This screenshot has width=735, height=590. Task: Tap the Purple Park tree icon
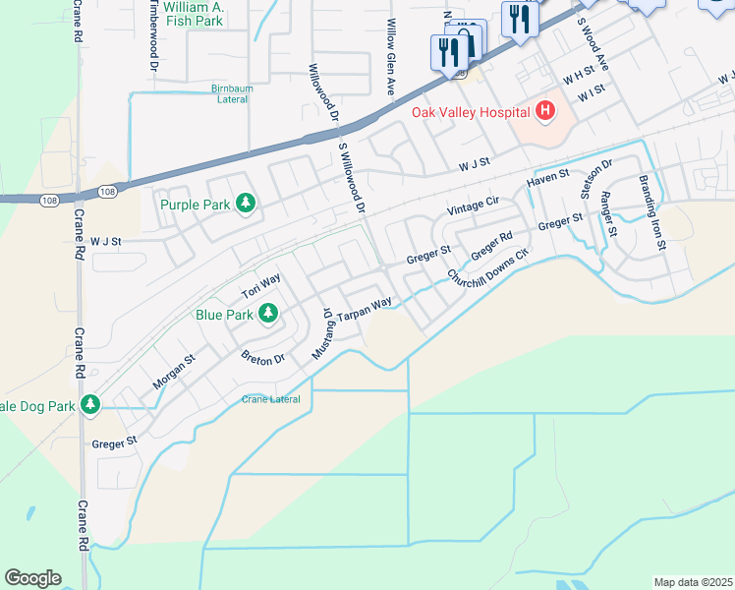(246, 205)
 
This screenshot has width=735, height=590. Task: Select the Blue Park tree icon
(265, 314)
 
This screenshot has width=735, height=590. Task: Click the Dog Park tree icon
(90, 404)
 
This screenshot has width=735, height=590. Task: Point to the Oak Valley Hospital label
(471, 112)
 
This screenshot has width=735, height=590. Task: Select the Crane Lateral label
(271, 398)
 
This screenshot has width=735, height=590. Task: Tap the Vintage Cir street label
(474, 206)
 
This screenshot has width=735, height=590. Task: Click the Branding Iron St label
(652, 211)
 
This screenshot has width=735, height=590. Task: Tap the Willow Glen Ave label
(391, 57)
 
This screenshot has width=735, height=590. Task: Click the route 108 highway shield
(49, 201)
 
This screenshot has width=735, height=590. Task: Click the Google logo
(32, 577)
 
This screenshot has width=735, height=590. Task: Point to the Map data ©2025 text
(693, 582)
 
